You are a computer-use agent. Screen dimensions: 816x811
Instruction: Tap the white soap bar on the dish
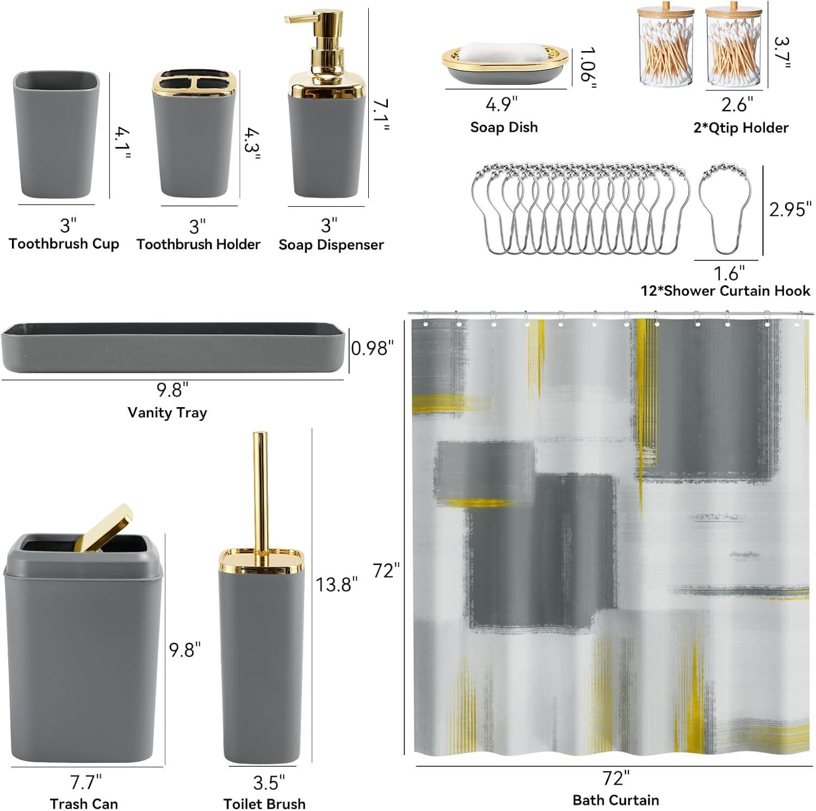[504, 53]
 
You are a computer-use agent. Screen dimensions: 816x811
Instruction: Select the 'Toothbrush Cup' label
[64, 243]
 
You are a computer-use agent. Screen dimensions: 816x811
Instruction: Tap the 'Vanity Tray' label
[167, 413]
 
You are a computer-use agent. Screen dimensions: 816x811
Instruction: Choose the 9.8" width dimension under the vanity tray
[172, 390]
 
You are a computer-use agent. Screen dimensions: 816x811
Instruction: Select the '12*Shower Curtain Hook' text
[726, 291]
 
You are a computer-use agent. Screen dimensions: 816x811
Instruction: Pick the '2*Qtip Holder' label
[741, 128]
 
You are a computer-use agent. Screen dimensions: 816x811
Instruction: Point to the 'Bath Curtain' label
[616, 800]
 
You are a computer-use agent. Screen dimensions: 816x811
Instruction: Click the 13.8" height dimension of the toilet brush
[337, 585]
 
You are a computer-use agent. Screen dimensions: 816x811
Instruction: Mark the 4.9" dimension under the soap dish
[502, 104]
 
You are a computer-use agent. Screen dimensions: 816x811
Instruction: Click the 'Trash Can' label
[84, 803]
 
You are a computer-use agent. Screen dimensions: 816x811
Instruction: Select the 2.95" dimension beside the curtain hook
[790, 210]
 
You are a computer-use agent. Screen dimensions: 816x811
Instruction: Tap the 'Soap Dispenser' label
[331, 244]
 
